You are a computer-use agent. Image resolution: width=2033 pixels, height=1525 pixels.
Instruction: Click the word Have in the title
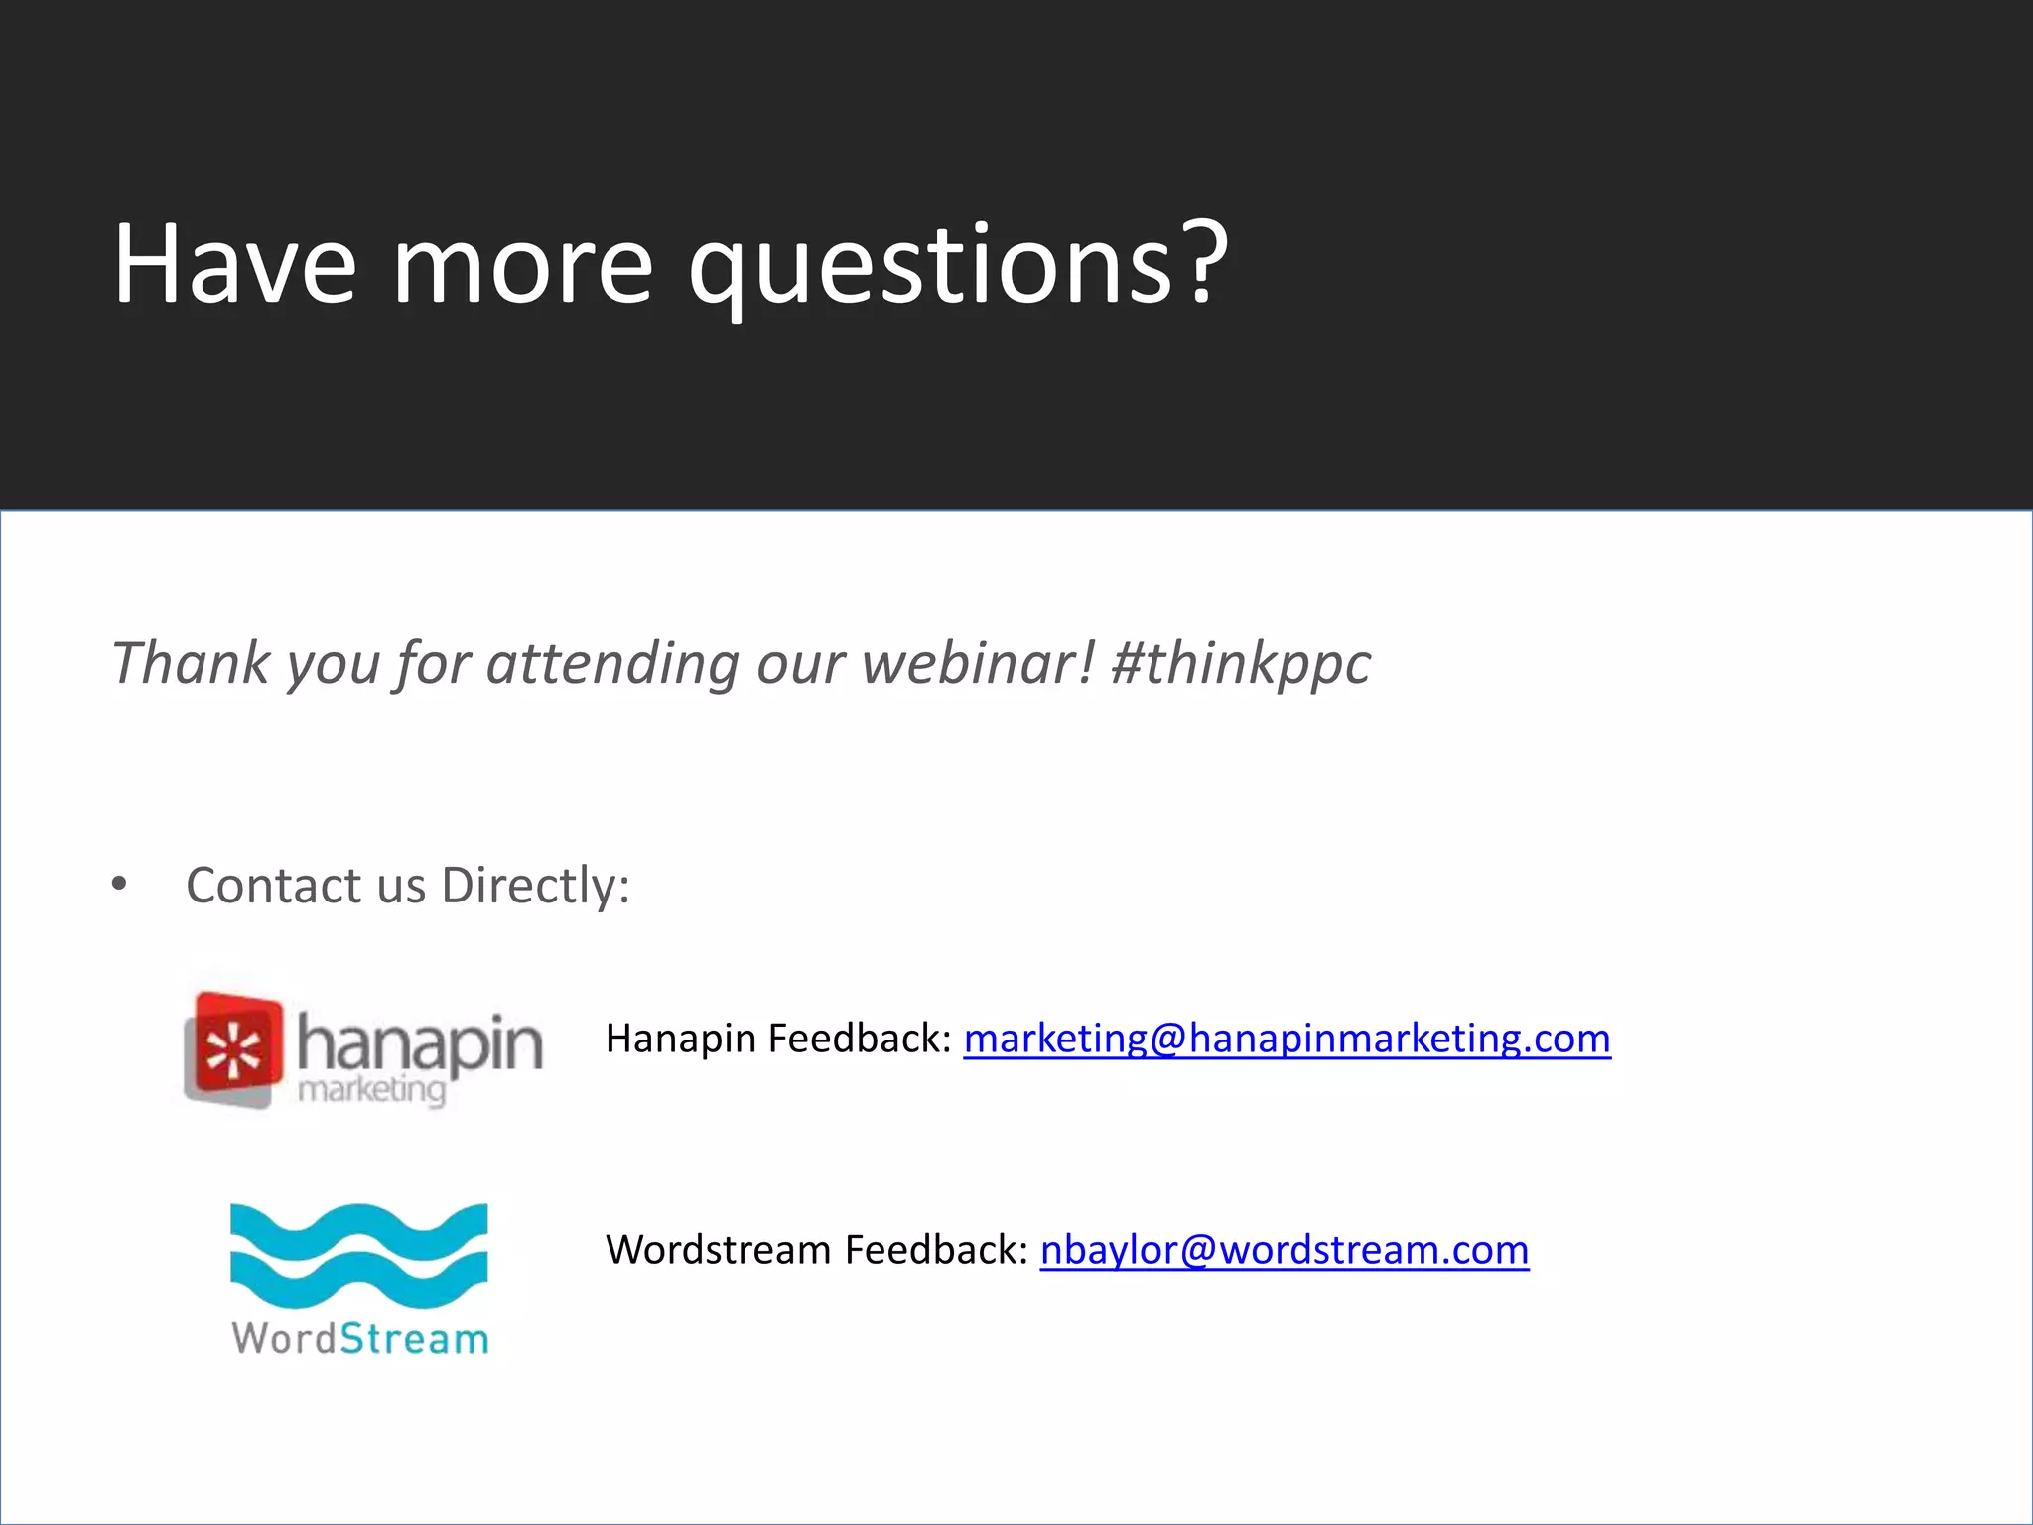pyautogui.click(x=234, y=264)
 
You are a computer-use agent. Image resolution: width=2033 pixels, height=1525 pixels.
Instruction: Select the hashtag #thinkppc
pyautogui.click(x=1241, y=663)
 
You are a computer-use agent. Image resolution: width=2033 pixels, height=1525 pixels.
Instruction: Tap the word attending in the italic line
pyautogui.click(x=611, y=663)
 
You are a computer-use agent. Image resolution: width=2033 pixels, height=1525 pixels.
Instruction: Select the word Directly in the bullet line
pyautogui.click(x=535, y=885)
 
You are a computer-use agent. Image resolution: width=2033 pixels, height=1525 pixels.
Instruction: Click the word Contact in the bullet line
pyautogui.click(x=273, y=885)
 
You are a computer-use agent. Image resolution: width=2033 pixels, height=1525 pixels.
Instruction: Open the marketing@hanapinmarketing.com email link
pyautogui.click(x=1287, y=1039)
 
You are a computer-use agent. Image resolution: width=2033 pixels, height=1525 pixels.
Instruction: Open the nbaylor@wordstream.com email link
pyautogui.click(x=1284, y=1250)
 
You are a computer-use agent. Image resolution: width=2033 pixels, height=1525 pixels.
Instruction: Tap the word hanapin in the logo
pyautogui.click(x=420, y=1043)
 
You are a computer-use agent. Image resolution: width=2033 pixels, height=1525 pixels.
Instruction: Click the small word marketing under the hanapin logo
pyautogui.click(x=371, y=1090)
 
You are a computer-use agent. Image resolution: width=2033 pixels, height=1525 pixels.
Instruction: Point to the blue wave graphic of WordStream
pyautogui.click(x=358, y=1256)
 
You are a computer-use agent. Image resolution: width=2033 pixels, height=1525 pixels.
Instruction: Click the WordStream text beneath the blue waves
pyautogui.click(x=360, y=1339)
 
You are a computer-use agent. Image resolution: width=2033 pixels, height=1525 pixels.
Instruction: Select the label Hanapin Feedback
pyautogui.click(x=778, y=1039)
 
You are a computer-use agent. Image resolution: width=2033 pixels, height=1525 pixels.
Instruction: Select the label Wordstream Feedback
pyautogui.click(x=816, y=1250)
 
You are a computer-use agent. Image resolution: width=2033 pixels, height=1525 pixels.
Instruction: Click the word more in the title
pyautogui.click(x=523, y=266)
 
